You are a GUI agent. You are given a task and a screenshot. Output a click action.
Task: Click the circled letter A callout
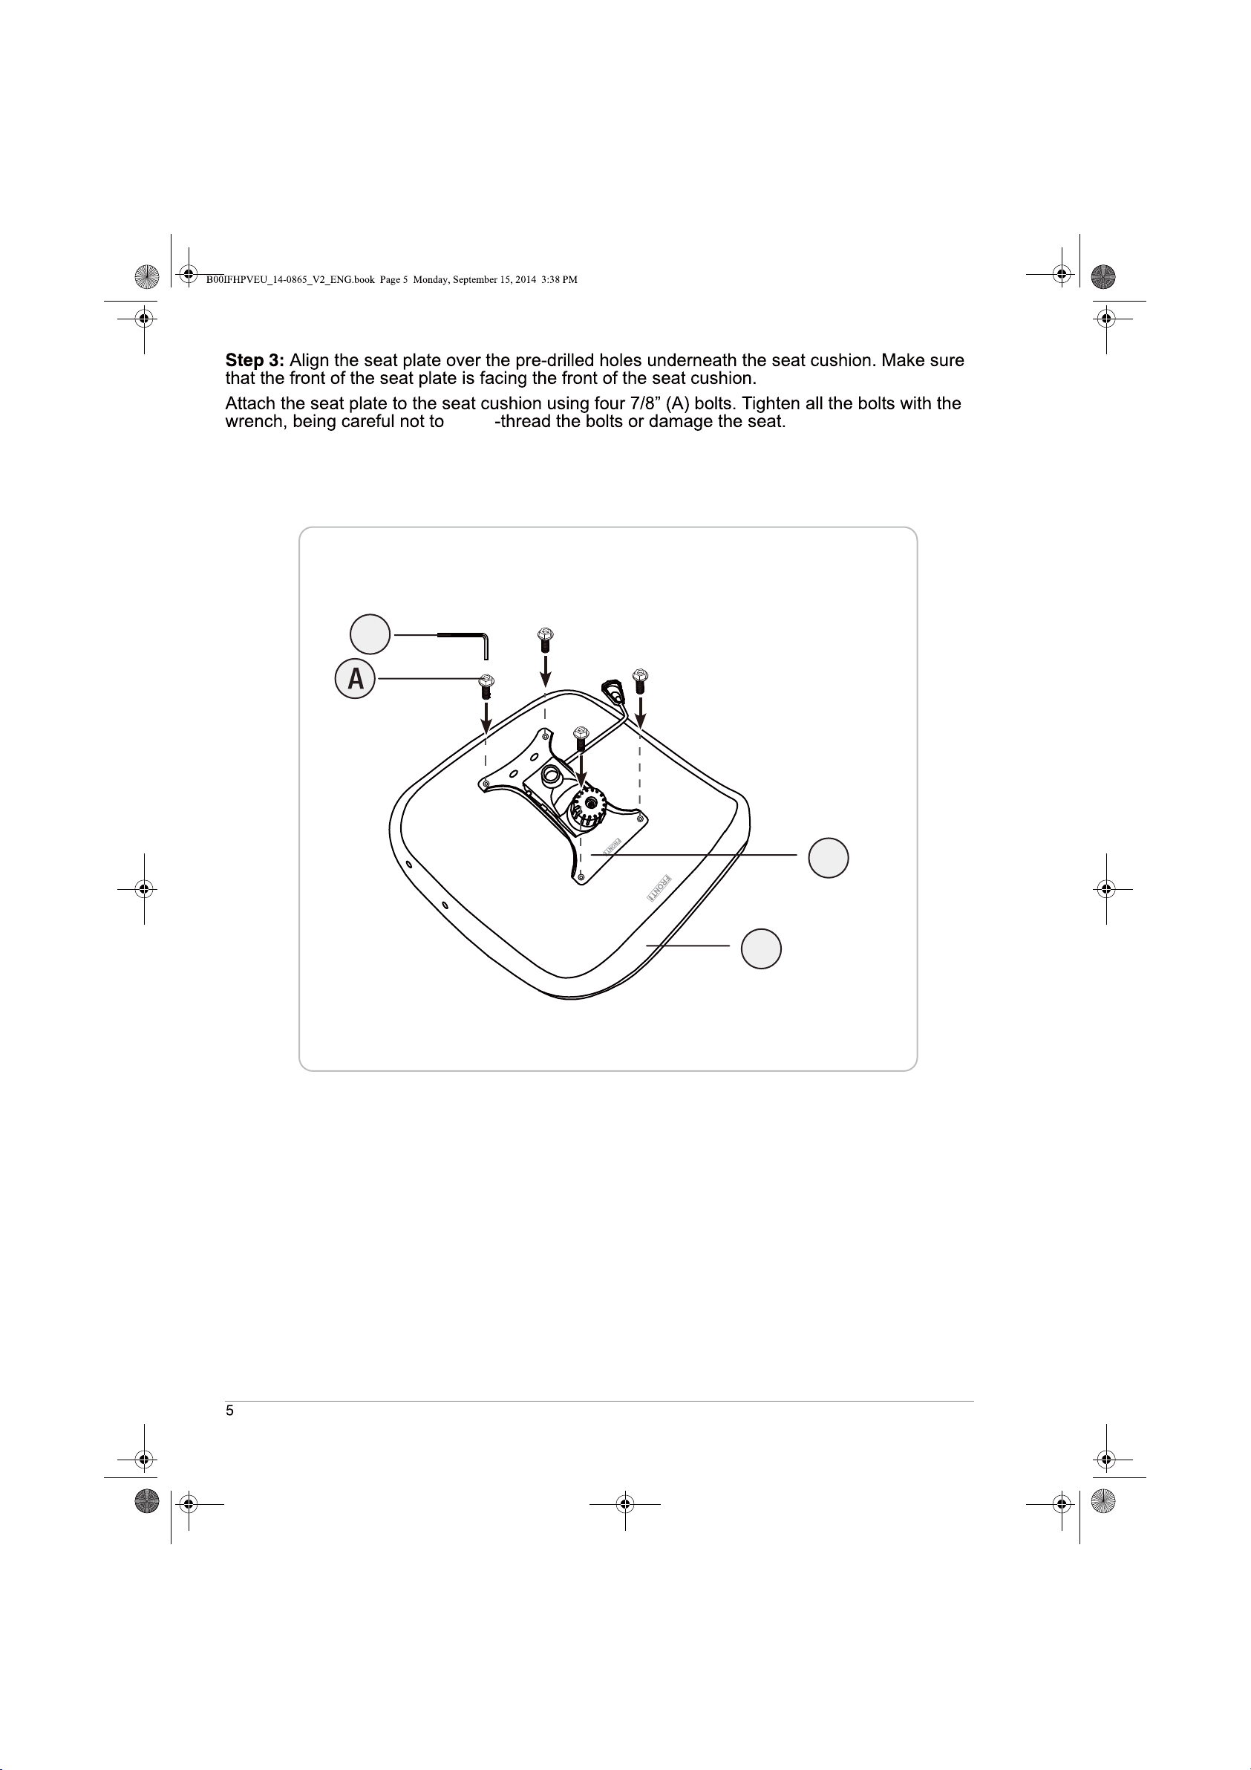point(355,678)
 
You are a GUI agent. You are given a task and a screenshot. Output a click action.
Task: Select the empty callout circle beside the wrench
point(370,634)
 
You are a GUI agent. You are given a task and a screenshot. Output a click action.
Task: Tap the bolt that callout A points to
point(486,686)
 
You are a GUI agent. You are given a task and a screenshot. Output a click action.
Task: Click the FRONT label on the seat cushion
point(659,888)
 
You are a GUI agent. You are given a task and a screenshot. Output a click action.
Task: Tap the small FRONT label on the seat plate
point(612,846)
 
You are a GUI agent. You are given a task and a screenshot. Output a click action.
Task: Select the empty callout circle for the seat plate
point(829,857)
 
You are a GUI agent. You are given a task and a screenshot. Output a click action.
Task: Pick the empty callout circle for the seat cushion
point(762,949)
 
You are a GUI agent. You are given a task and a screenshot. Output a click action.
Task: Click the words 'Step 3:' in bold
point(255,360)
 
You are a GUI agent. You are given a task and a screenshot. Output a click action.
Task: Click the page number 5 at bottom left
point(229,1410)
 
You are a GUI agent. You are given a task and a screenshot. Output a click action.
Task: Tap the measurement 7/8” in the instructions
point(645,403)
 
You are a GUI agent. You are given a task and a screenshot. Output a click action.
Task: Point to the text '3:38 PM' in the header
point(559,280)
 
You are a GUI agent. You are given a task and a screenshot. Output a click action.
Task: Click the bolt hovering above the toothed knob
point(582,738)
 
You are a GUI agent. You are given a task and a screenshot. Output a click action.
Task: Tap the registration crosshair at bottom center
point(625,1503)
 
